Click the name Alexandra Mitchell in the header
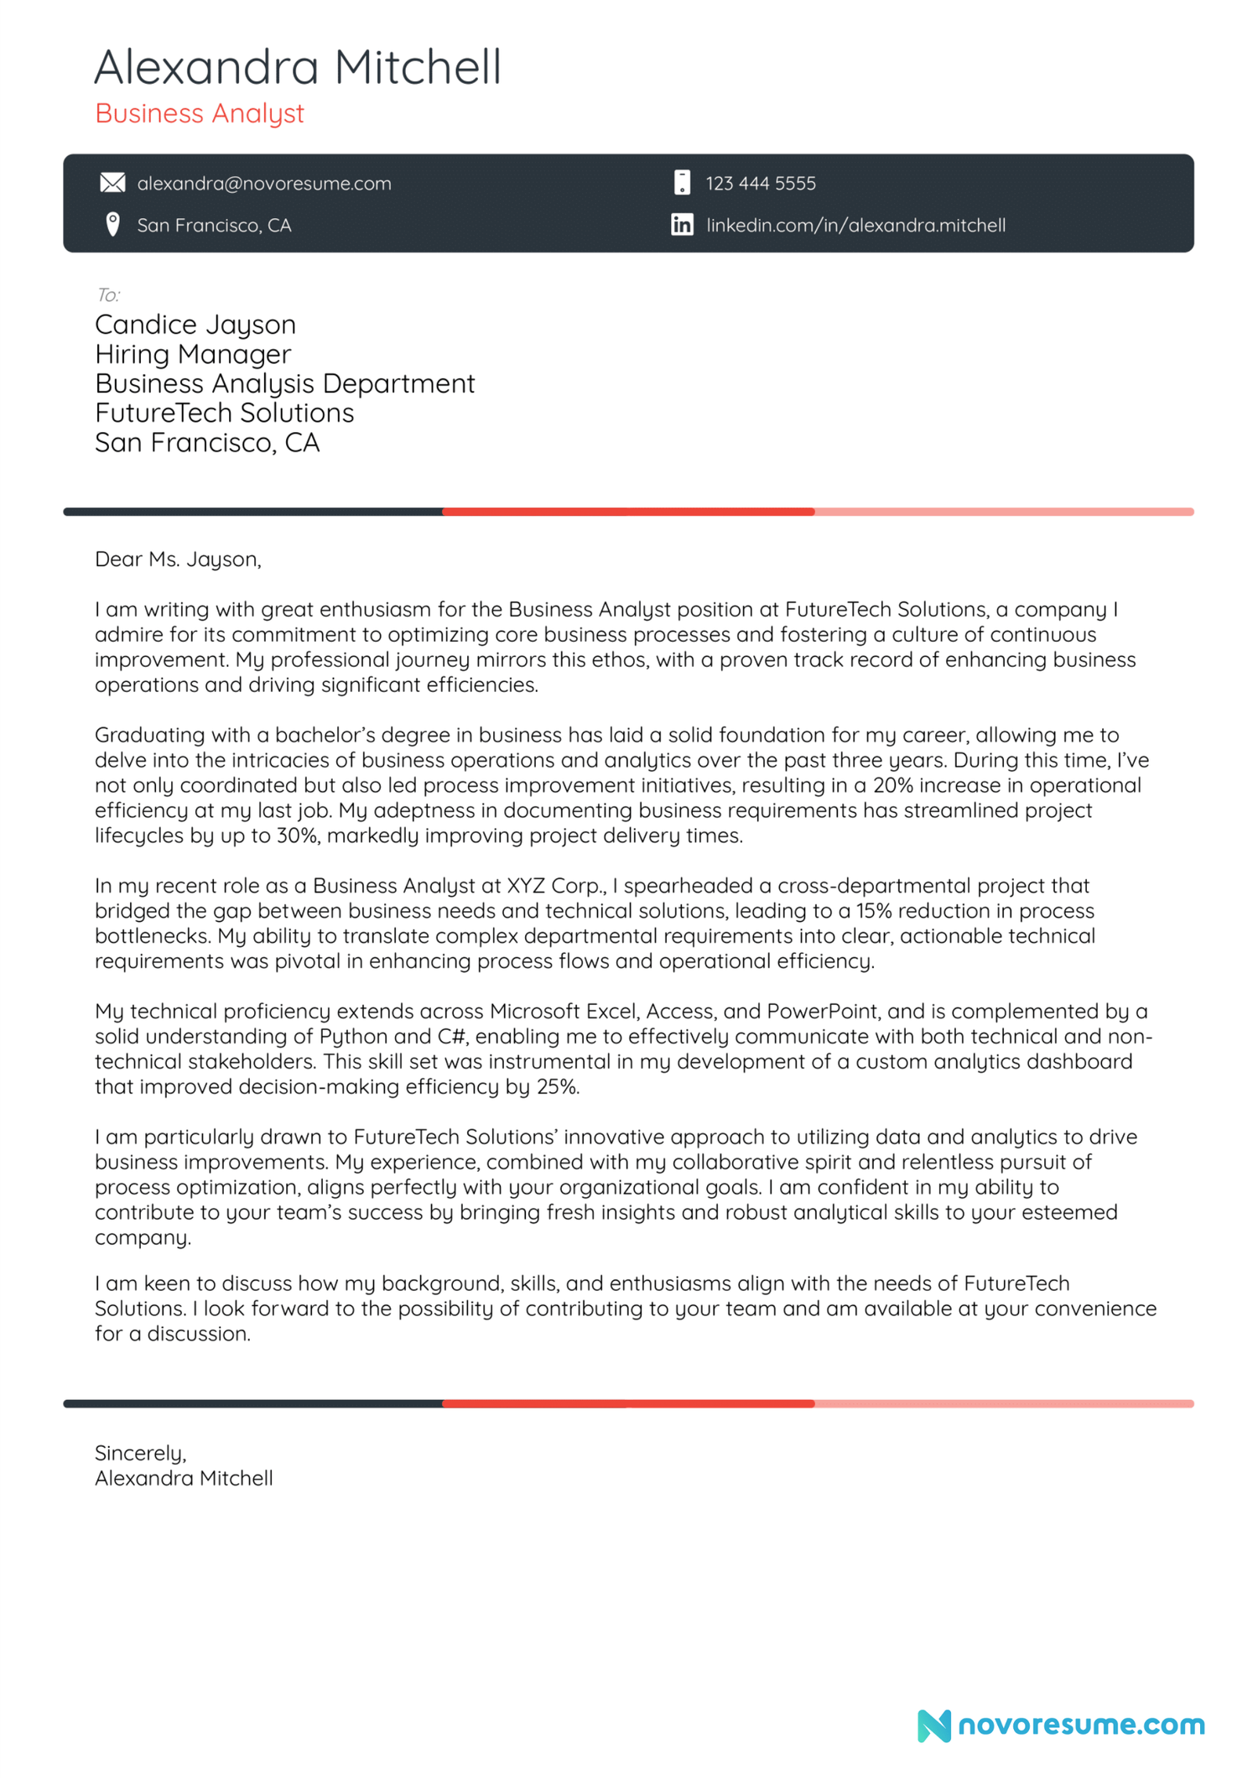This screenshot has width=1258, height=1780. coord(297,67)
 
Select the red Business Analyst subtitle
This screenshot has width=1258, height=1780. coord(199,113)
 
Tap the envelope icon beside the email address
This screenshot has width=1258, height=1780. coord(112,183)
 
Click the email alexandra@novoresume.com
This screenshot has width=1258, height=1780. coord(263,184)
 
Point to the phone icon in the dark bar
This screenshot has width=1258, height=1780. coord(682,183)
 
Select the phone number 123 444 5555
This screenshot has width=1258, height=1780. coord(760,184)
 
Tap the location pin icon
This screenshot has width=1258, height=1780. coord(112,225)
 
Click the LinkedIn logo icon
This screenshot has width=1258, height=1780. coord(682,225)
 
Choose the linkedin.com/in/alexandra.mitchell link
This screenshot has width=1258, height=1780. coord(855,226)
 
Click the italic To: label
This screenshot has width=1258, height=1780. coord(107,295)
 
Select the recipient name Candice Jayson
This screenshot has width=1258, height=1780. coord(195,325)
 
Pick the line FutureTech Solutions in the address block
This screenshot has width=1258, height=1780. coord(224,414)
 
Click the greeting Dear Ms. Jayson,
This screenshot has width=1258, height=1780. coord(178,560)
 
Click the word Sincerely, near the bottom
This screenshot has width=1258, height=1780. coord(140,1453)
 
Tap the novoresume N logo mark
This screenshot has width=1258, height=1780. coord(933,1725)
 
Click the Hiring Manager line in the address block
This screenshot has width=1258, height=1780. coord(193,355)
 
